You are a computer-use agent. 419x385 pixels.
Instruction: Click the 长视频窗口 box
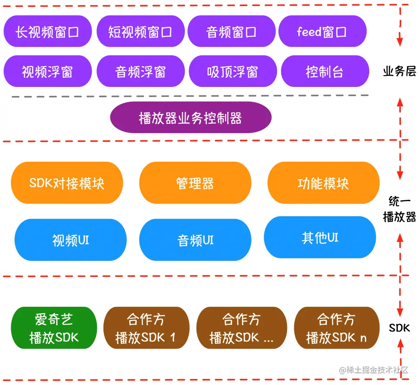(x=48, y=32)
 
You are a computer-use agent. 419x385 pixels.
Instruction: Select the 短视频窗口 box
(x=141, y=32)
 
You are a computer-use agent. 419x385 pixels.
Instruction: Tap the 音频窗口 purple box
(x=232, y=32)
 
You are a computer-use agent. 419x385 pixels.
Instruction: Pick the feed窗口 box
(x=322, y=32)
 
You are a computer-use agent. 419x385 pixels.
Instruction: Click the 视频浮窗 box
(x=48, y=71)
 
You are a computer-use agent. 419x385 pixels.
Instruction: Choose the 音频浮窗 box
(x=141, y=71)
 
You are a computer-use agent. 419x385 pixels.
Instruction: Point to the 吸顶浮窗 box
(x=232, y=71)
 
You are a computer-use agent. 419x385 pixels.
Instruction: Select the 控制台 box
(x=325, y=71)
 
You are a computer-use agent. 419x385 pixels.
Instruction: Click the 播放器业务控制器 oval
(x=190, y=118)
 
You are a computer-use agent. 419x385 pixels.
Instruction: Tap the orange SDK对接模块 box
(x=67, y=183)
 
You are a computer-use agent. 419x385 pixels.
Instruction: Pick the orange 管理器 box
(x=195, y=183)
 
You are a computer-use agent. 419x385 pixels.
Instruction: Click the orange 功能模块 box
(x=323, y=183)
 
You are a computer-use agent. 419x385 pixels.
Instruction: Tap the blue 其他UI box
(x=320, y=237)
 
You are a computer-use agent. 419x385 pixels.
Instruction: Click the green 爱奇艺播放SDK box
(x=54, y=328)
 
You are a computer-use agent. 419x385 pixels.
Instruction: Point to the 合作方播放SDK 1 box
(x=146, y=328)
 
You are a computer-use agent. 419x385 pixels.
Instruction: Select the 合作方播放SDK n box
(x=337, y=328)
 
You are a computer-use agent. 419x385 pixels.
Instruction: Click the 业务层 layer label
(x=399, y=71)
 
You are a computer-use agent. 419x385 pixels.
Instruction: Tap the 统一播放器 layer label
(x=399, y=209)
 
